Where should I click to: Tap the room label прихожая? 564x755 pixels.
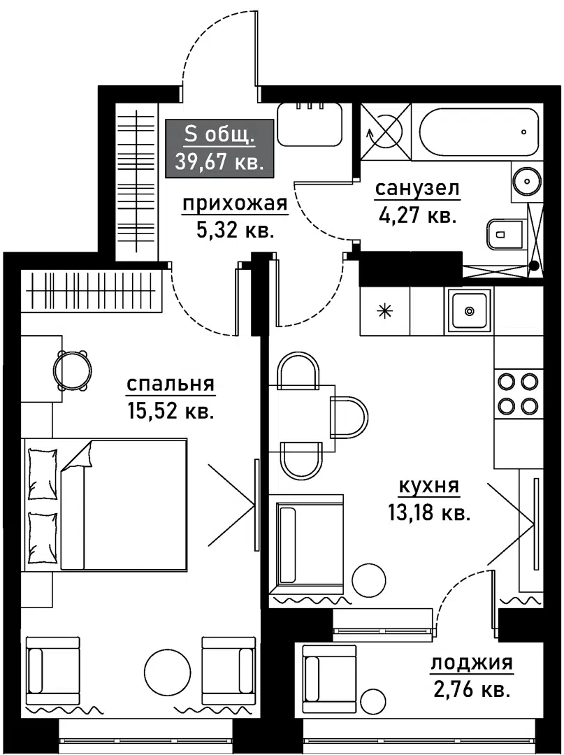pyautogui.click(x=235, y=205)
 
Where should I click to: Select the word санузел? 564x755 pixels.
pyautogui.click(x=417, y=189)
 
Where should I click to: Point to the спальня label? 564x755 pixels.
pyautogui.click(x=171, y=384)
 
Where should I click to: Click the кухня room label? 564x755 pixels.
pyautogui.click(x=429, y=487)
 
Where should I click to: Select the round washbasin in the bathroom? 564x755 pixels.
pyautogui.click(x=528, y=181)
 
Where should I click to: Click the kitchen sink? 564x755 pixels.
pyautogui.click(x=469, y=310)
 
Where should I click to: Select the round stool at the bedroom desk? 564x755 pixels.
pyautogui.click(x=72, y=371)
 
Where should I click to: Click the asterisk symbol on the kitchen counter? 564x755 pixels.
pyautogui.click(x=384, y=311)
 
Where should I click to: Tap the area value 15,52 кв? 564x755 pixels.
pyautogui.click(x=171, y=411)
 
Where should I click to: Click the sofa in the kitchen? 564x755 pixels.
pyautogui.click(x=307, y=544)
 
